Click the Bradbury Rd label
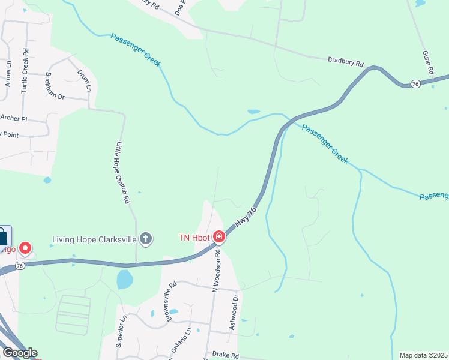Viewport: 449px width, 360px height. (346, 62)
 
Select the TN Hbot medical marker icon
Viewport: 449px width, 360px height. (219, 238)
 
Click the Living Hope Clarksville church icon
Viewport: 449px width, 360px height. (145, 239)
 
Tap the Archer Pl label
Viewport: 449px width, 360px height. (14, 118)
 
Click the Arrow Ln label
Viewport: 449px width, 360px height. (8, 73)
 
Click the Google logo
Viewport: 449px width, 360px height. (19, 353)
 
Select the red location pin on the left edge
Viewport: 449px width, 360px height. (25, 247)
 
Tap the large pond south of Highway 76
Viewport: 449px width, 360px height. (124, 279)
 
